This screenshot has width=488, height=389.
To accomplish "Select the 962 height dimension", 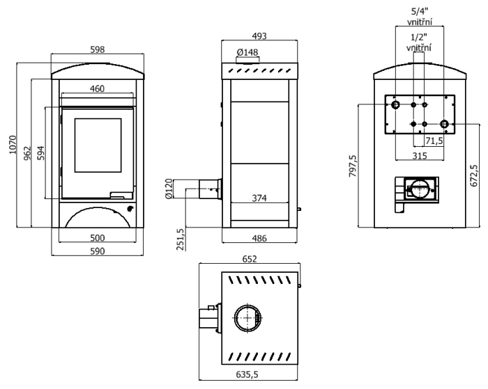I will pyautogui.click(x=27, y=152).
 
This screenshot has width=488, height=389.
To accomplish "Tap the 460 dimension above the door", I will pyautogui.click(x=97, y=89).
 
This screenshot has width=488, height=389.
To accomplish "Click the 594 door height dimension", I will pyautogui.click(x=41, y=152).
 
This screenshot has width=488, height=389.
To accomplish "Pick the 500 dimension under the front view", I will pyautogui.click(x=97, y=238).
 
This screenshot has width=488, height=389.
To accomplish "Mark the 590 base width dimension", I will pyautogui.click(x=97, y=251).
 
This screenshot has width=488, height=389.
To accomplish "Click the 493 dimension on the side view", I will pyautogui.click(x=259, y=35).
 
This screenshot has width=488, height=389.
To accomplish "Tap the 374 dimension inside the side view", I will pyautogui.click(x=259, y=198).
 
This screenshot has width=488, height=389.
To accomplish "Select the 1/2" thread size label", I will pyautogui.click(x=418, y=36).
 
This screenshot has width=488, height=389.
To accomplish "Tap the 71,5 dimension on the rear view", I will pyautogui.click(x=434, y=141).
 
